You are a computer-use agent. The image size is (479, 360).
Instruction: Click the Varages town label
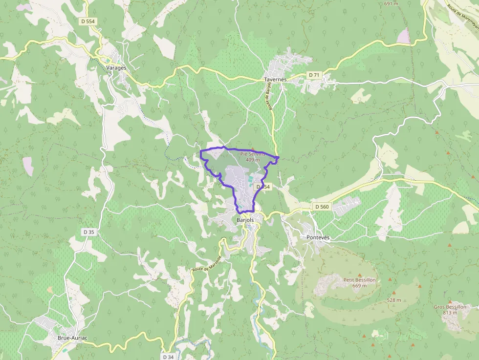point(116,68)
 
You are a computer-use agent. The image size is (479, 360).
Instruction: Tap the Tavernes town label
point(275,79)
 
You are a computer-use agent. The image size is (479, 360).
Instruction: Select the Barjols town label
point(245,220)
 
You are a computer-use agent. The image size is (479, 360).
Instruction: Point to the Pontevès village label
point(318,237)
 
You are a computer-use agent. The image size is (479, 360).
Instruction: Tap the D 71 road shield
point(314,75)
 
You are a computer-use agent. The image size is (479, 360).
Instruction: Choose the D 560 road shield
point(322,207)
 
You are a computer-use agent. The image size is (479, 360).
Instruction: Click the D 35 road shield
point(88,232)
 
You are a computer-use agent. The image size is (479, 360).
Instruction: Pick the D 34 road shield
point(168,357)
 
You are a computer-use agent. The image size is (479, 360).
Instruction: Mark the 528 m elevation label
point(394,300)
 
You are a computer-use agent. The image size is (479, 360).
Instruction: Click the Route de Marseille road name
point(207,264)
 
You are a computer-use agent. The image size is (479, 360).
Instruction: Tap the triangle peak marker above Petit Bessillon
point(360,275)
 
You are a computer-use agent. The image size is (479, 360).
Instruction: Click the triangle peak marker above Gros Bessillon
point(450,302)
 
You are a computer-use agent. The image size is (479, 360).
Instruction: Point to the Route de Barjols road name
point(268,95)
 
